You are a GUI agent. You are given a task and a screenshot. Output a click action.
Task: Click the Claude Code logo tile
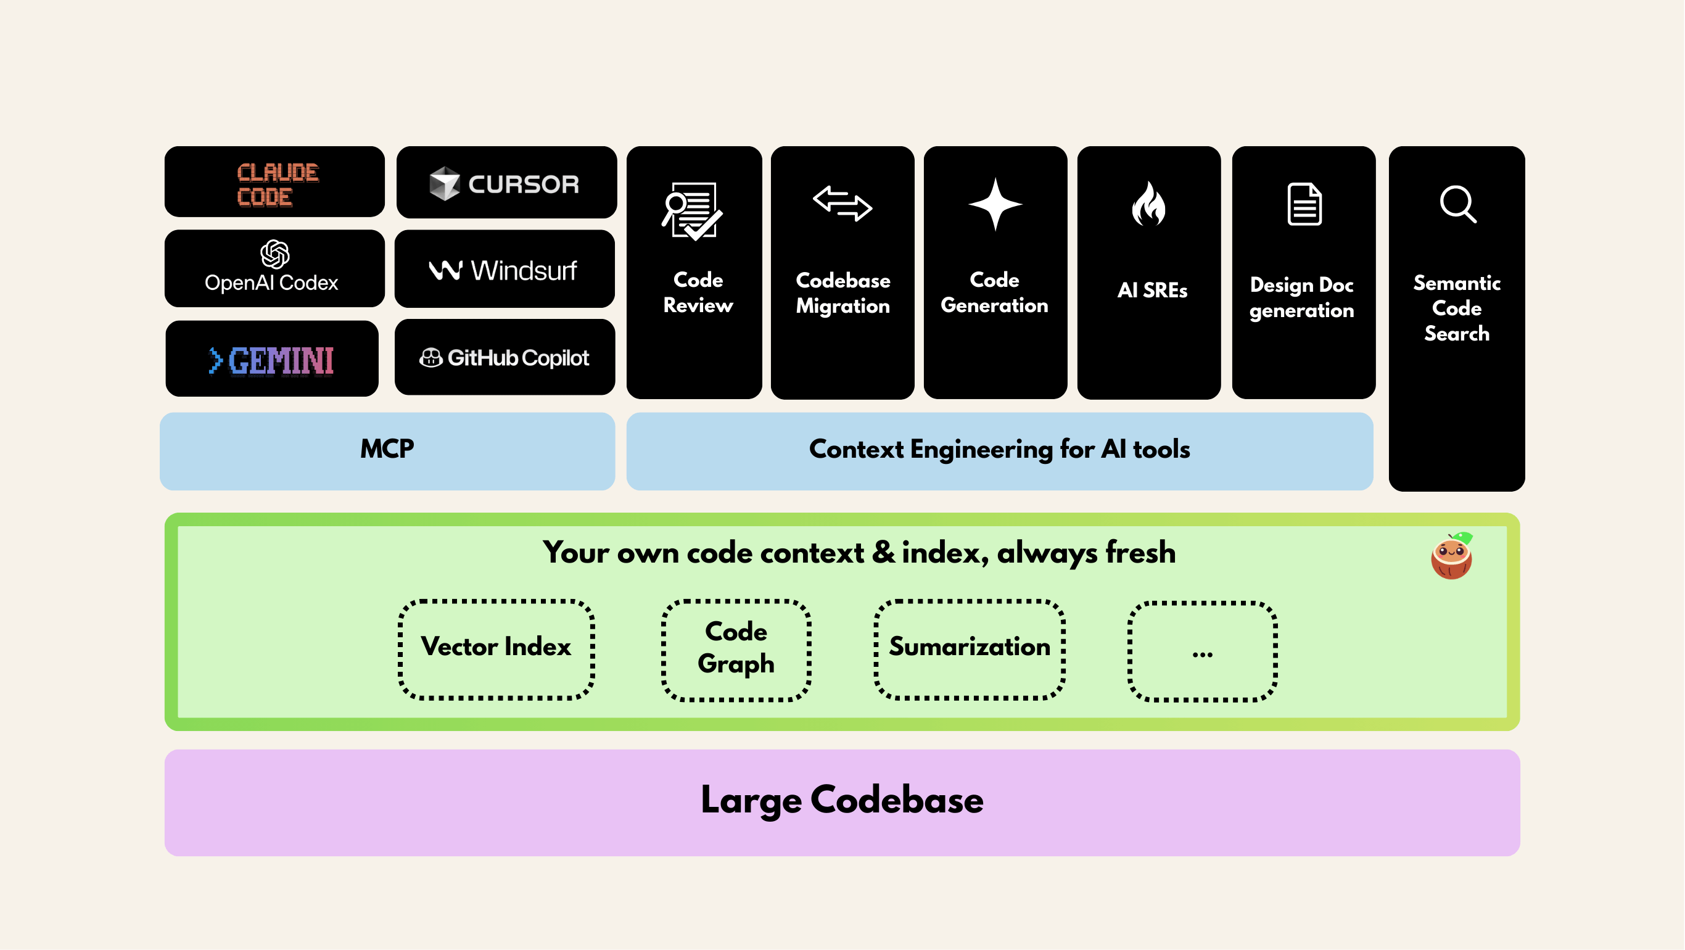274,183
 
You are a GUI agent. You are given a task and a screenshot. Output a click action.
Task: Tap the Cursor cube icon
445,184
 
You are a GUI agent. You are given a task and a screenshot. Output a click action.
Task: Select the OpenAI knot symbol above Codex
274,254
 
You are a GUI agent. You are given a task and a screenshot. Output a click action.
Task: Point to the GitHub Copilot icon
431,358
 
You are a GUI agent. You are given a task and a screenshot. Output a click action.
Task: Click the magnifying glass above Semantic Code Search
1457,205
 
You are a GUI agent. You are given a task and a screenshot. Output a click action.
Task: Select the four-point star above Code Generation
995,204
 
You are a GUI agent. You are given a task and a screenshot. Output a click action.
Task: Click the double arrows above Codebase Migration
842,204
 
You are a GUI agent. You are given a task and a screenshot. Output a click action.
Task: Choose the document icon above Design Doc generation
1304,204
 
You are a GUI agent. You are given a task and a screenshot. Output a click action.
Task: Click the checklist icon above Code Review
692,212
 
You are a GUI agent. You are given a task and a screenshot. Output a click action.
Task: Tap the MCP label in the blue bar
387,449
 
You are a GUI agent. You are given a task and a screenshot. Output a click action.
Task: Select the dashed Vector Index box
496,649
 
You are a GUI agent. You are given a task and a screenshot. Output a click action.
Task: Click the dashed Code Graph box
736,649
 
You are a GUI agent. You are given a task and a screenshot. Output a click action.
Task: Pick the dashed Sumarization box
970,649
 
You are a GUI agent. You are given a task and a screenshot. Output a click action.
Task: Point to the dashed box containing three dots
1202,651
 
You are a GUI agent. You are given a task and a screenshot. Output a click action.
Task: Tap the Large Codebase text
842,799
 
